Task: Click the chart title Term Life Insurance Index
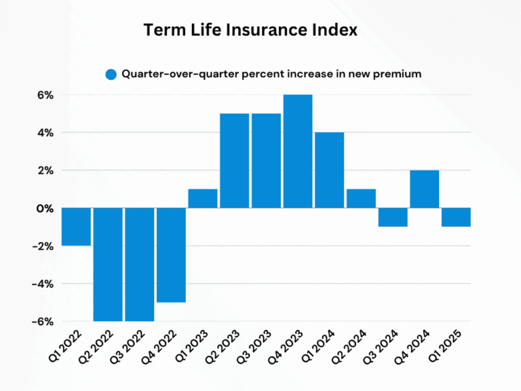250,31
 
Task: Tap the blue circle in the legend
111,75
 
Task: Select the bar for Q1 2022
76,227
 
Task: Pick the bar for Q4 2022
171,255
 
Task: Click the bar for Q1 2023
202,198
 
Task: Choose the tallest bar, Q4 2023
298,151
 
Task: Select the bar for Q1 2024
329,170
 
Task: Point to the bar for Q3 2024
393,217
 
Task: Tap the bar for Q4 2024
424,189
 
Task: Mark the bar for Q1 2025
456,217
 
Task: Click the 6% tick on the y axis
44,95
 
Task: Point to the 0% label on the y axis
44,208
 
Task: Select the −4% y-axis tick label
41,284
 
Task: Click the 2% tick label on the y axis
44,170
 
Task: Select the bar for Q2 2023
234,160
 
